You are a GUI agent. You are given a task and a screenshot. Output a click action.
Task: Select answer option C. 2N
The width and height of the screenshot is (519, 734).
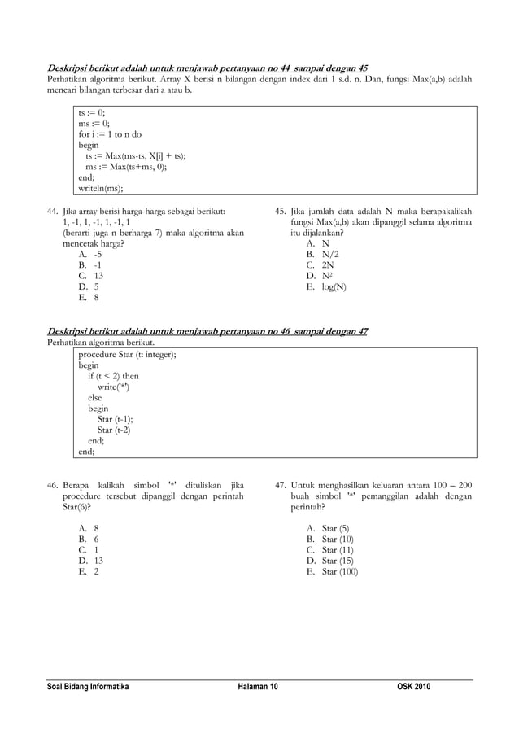320,264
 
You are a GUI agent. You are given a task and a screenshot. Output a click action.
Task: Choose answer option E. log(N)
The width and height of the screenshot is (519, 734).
326,286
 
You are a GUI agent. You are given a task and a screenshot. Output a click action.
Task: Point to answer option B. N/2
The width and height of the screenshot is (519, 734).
323,254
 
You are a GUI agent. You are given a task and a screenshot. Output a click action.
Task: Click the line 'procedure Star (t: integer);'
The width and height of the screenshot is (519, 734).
127,355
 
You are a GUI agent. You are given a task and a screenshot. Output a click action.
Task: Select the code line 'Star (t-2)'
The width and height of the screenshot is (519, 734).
114,430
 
